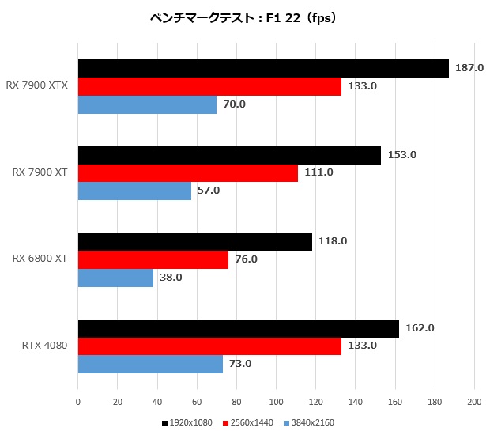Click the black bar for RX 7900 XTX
coord(263,69)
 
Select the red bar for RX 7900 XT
coord(187,172)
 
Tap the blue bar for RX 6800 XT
coord(115,278)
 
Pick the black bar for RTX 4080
coord(238,328)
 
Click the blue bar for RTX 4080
coord(150,364)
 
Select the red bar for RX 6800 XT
coord(153,259)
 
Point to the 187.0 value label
coord(469,68)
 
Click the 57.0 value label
coord(208,191)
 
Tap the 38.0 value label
coord(170,278)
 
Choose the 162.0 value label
coord(419,327)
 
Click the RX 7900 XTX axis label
coord(37,85)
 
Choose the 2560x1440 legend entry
coord(249,422)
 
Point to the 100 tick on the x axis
coord(276,402)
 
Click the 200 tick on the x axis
coord(474,402)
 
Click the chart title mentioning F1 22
coord(244,17)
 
